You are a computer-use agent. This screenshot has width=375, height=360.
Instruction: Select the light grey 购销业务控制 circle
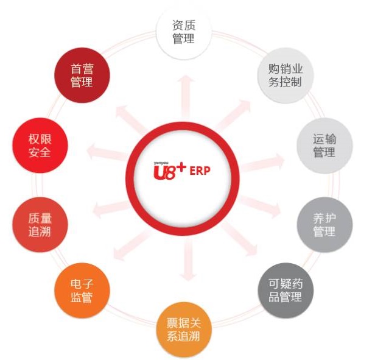pyautogui.click(x=286, y=75)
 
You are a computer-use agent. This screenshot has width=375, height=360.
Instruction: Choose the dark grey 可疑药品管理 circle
pyautogui.click(x=286, y=292)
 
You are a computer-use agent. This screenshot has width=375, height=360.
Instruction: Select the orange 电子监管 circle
pyautogui.click(x=82, y=292)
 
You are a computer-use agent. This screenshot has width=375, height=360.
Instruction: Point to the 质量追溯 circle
pyautogui.click(x=41, y=225)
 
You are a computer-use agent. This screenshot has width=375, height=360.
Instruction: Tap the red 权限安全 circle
pyautogui.click(x=41, y=145)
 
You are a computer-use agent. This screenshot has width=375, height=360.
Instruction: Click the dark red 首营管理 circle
pyautogui.click(x=82, y=75)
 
